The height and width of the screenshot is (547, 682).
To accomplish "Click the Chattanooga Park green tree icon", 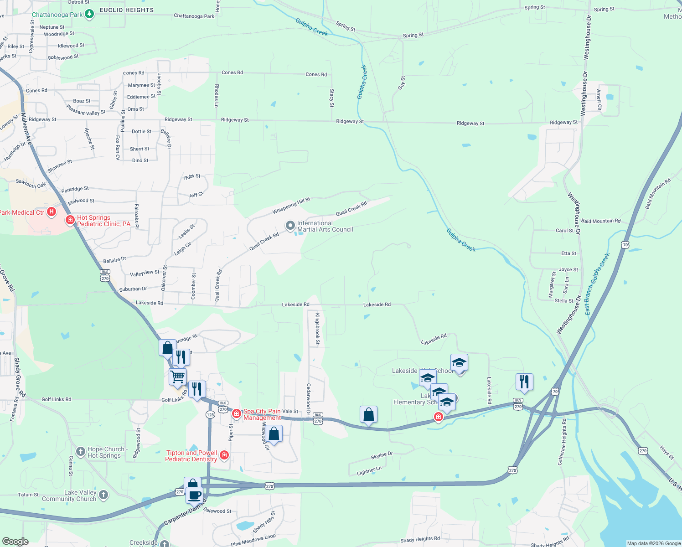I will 89,14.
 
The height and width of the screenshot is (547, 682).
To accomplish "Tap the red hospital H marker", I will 52,212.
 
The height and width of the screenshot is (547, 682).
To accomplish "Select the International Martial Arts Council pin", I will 290,226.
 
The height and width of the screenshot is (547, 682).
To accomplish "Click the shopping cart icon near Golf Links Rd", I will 177,377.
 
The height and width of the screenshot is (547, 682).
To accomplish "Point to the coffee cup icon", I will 194,495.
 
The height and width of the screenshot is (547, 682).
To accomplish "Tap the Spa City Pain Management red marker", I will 236,413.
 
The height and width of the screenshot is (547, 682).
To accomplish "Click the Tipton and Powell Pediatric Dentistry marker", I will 224,455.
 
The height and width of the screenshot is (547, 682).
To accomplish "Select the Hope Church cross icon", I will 81,452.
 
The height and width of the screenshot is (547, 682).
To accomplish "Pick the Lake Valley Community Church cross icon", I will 103,495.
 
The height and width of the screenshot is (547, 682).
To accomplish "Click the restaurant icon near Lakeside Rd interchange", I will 524,382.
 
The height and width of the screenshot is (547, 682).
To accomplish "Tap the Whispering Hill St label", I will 291,206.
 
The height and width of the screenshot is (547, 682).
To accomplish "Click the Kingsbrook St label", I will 318,328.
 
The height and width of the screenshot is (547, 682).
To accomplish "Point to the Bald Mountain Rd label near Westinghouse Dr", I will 601,221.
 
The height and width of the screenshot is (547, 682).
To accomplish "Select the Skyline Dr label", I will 382,455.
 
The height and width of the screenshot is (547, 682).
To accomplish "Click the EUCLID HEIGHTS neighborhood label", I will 127,10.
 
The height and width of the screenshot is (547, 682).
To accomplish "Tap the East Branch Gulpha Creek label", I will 597,283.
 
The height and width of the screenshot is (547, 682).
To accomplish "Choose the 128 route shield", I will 210,414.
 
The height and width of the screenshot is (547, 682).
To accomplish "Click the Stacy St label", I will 331,98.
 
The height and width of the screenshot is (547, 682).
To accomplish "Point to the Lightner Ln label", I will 369,470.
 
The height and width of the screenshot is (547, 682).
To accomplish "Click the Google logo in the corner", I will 15,542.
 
